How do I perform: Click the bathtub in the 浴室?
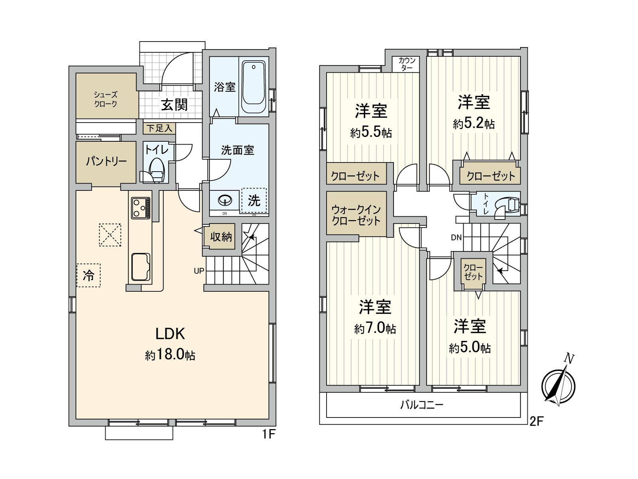254,87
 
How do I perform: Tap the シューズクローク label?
106,99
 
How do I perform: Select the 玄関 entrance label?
174,105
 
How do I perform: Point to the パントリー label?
106,161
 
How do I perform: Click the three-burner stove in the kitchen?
140,208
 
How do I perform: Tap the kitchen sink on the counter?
140,267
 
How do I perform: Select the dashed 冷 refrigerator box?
89,275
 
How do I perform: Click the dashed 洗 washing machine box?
254,200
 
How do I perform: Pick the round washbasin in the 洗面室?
225,200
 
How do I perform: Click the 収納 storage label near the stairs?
221,237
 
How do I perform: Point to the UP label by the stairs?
199,271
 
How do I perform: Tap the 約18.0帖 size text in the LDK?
170,355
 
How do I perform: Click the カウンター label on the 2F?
407,64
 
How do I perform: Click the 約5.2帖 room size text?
474,124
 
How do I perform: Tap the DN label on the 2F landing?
456,238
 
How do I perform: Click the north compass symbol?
558,385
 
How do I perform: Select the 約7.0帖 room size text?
375,329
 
